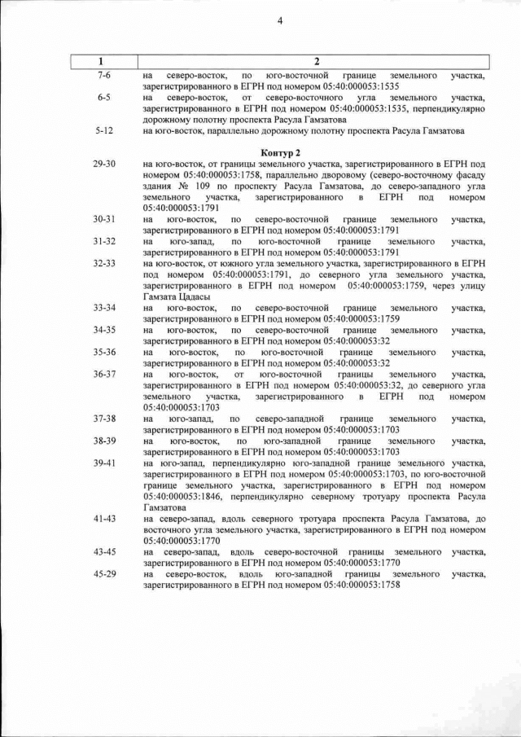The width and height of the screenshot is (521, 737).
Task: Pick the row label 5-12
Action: pyautogui.click(x=103, y=130)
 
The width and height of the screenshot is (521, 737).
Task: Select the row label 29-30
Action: pyautogui.click(x=104, y=164)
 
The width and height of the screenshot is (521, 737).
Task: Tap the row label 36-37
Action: pyautogui.click(x=104, y=374)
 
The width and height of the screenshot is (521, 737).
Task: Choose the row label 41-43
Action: pyautogui.click(x=104, y=518)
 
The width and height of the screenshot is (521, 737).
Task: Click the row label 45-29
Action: pyautogui.click(x=104, y=574)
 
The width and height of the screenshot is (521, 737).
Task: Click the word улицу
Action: pyautogui.click(x=470, y=285)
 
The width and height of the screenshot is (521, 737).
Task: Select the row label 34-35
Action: pyautogui.click(x=104, y=330)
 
